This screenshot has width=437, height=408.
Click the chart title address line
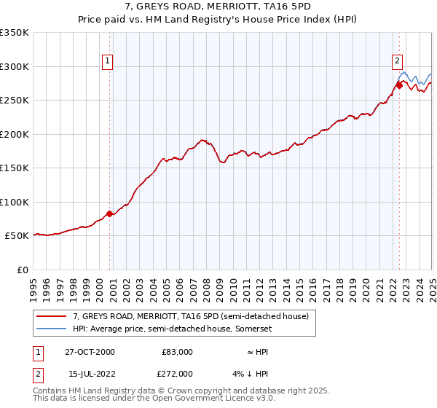219,6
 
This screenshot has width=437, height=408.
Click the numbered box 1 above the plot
107,62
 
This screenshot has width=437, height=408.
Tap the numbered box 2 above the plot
398,62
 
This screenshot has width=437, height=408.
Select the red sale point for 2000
110,213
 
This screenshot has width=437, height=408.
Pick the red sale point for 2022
400,86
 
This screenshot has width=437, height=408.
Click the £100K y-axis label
15,202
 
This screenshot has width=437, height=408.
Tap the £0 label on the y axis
22,270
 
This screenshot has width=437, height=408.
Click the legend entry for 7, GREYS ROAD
191,316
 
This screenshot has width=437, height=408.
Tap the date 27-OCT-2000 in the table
89,351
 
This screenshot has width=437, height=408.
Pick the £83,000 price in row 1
177,351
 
